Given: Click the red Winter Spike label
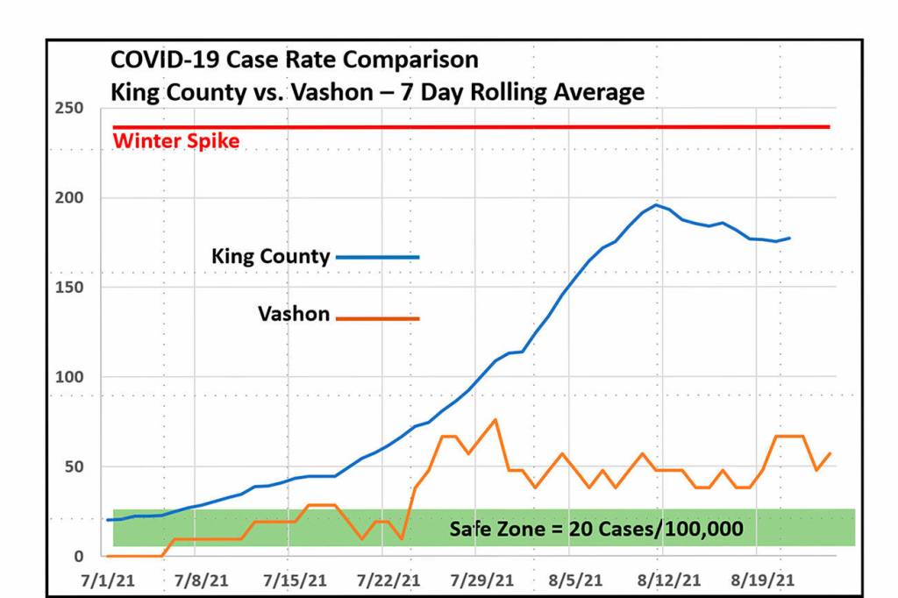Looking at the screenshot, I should pyautogui.click(x=176, y=140).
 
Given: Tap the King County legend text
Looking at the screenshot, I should pyautogui.click(x=270, y=257).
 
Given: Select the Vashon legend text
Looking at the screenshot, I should pyautogui.click(x=294, y=314).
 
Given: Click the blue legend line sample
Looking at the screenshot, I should pyautogui.click(x=378, y=257).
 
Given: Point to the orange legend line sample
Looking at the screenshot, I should pyautogui.click(x=378, y=318).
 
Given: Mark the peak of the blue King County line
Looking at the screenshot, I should pyautogui.click(x=656, y=204).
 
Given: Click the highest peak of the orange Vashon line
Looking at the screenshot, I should pyautogui.click(x=495, y=419).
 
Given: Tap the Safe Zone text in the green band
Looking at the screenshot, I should pyautogui.click(x=596, y=529).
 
